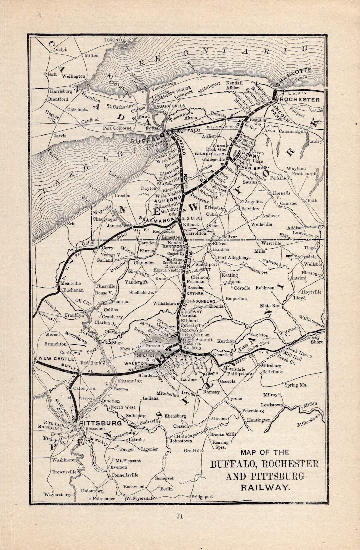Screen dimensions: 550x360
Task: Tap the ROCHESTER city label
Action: pyautogui.click(x=299, y=100)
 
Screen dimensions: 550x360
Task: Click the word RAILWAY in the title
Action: pyautogui.click(x=265, y=488)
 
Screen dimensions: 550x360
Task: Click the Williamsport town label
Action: pyautogui.click(x=312, y=320)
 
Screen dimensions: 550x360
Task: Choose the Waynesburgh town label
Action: pyautogui.click(x=58, y=494)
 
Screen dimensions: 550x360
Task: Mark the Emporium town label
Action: pyautogui.click(x=236, y=299)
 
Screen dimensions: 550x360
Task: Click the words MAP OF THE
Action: pyautogui.click(x=265, y=453)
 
